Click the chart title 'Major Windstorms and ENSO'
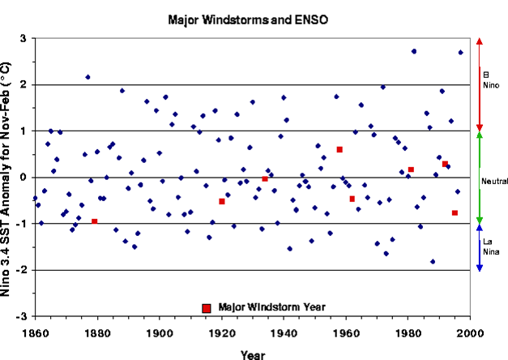252,18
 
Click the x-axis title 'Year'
252,354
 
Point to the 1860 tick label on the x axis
35,332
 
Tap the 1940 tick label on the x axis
284,332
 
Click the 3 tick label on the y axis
23,38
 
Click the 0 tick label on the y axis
23,178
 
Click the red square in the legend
207,307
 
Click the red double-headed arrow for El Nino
480,84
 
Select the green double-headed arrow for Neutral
480,177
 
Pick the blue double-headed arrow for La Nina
480,247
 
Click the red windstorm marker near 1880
95,221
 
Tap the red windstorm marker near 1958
339,149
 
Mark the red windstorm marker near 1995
455,212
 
